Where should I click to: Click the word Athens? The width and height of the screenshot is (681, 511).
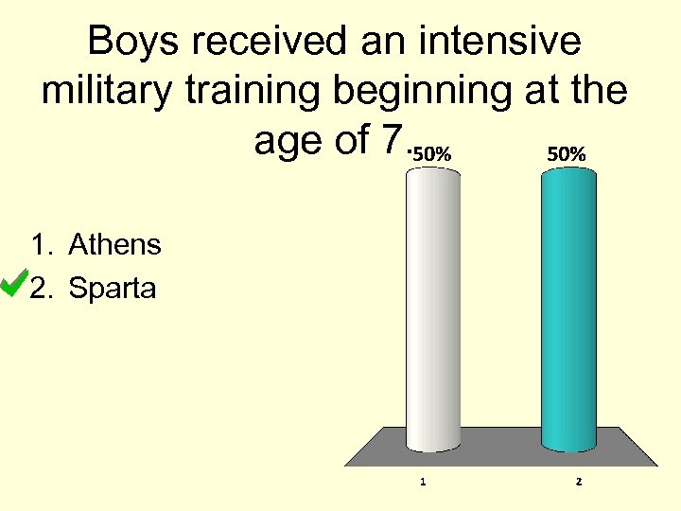(114, 245)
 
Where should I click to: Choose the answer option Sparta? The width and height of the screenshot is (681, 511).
(113, 288)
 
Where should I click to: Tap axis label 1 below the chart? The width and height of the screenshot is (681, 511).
(423, 482)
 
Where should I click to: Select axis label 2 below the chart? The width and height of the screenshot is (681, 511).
(579, 482)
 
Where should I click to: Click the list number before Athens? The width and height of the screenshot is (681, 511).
(40, 245)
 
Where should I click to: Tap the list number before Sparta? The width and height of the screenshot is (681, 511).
(40, 288)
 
